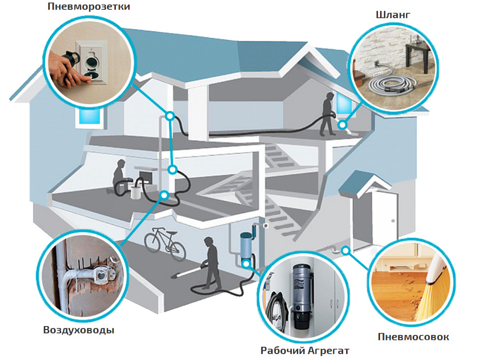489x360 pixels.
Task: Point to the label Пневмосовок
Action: tap(414, 337)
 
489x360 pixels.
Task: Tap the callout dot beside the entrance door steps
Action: tap(346, 250)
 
